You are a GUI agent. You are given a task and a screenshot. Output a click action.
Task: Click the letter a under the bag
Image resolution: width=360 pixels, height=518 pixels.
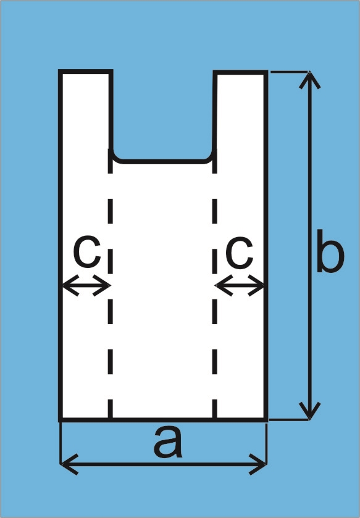(x=168, y=442)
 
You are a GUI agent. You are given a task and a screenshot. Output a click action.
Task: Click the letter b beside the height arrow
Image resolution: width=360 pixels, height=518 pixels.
(x=330, y=251)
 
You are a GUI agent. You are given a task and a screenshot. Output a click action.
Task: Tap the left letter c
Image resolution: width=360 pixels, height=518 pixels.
(x=87, y=253)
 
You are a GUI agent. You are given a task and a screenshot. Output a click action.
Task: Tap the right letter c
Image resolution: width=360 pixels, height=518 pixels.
(x=239, y=253)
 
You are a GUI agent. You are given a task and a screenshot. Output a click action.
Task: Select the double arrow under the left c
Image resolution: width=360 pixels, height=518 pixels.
(x=86, y=285)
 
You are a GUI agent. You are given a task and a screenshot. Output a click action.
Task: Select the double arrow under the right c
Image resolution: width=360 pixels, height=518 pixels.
(x=240, y=285)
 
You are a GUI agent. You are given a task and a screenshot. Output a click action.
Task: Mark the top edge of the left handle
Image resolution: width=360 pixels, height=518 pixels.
(x=86, y=72)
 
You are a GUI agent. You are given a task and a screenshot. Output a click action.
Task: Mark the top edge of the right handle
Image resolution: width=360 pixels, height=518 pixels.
(x=240, y=72)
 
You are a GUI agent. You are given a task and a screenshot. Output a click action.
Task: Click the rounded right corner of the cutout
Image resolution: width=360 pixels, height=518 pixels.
(x=211, y=157)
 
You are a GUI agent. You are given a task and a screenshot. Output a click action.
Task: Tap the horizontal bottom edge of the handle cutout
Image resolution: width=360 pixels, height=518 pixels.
(x=162, y=162)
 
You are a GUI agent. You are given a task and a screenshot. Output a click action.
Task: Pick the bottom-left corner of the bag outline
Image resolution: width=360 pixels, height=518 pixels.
(x=60, y=420)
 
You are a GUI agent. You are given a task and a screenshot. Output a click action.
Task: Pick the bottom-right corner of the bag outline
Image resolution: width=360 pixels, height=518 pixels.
(x=266, y=420)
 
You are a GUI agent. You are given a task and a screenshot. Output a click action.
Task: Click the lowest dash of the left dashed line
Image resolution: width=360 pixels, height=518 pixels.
(x=111, y=408)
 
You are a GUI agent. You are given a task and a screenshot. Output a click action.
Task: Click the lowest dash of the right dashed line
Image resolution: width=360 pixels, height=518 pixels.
(x=215, y=408)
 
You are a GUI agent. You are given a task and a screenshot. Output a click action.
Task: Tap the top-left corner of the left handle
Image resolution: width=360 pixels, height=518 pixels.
(x=60, y=72)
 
